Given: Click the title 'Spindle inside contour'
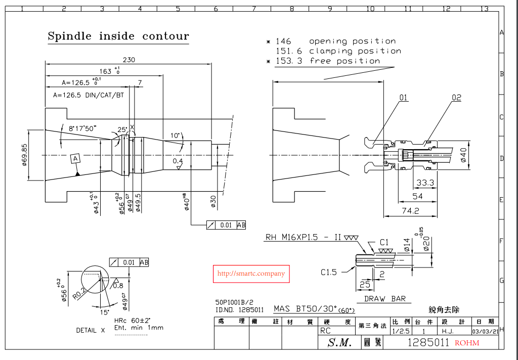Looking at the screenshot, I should [x=118, y=36].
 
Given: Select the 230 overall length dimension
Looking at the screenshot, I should [x=129, y=60].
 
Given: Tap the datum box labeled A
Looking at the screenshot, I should [x=76, y=159].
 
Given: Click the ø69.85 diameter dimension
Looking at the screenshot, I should [x=24, y=155].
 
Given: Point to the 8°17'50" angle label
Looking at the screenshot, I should [x=82, y=128].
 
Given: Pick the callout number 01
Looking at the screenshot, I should [x=403, y=97].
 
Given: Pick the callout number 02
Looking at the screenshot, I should [x=456, y=98].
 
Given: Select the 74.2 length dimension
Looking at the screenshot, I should [x=410, y=210].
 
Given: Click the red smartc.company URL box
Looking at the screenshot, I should [x=251, y=274].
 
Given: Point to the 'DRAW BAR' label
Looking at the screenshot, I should [x=385, y=299].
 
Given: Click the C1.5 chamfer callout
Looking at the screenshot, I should [x=329, y=272].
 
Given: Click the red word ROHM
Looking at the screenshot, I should [x=466, y=343].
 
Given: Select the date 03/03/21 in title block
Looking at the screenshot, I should [x=484, y=332].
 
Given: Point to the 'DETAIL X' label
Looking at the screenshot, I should [x=91, y=330].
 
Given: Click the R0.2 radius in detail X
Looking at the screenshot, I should [x=80, y=293].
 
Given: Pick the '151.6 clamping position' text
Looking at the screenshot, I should [x=338, y=51].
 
